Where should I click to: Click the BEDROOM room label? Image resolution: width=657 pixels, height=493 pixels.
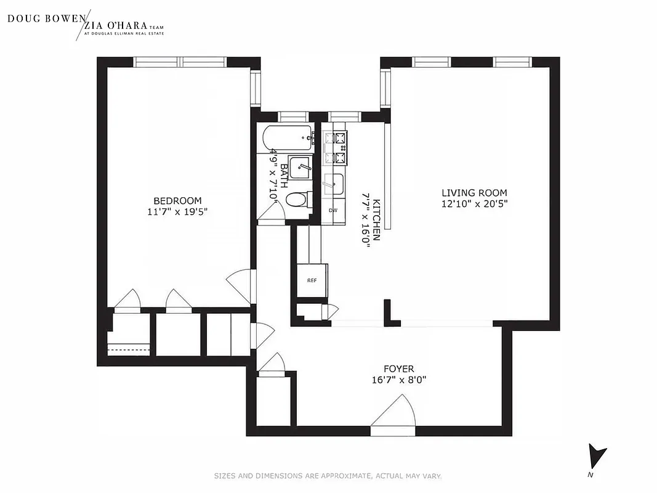pyautogui.click(x=177, y=201)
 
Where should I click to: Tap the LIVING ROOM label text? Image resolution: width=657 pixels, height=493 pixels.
pyautogui.click(x=474, y=192)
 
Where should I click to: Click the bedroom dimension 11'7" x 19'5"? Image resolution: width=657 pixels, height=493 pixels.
pyautogui.click(x=177, y=212)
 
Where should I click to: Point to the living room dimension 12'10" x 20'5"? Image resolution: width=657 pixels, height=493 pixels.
pyautogui.click(x=474, y=203)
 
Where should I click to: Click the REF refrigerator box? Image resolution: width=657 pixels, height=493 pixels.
pyautogui.click(x=312, y=280)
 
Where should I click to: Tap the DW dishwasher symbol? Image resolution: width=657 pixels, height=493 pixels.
pyautogui.click(x=333, y=210)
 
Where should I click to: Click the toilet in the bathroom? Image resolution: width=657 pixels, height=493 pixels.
pyautogui.click(x=298, y=200)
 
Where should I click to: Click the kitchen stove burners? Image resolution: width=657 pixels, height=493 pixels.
pyautogui.click(x=339, y=147)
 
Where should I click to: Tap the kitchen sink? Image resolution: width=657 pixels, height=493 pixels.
pyautogui.click(x=334, y=183)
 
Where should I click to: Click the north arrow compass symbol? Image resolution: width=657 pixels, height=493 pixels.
pyautogui.click(x=596, y=457)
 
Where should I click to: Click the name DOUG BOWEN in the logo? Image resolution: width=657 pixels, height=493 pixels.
pyautogui.click(x=46, y=18)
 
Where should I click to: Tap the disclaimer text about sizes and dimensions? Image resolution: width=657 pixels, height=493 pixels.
pyautogui.click(x=328, y=476)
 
